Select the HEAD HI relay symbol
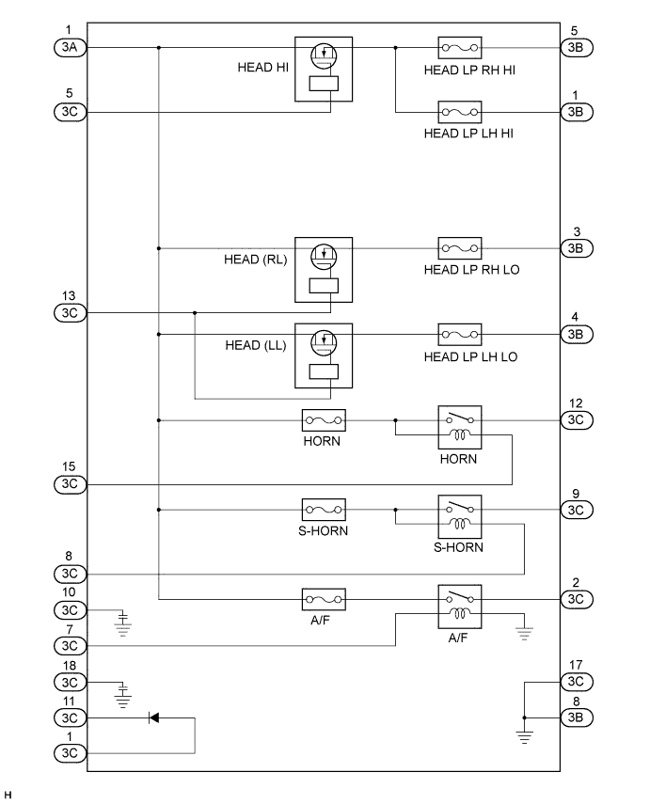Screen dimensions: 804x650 (324, 69)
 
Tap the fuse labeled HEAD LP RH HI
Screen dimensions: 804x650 (460, 47)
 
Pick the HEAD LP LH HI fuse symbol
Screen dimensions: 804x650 (460, 112)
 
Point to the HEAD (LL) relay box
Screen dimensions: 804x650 (324, 355)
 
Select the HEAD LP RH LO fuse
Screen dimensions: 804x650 (460, 248)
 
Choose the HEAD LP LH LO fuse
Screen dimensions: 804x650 (460, 334)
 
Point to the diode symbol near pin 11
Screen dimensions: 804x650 (154, 717)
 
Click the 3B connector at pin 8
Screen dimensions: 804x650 (577, 717)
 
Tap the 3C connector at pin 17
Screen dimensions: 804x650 (577, 681)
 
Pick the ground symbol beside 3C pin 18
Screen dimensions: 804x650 (121, 697)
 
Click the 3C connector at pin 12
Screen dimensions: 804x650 (577, 420)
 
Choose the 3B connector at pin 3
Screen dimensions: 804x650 (577, 248)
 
